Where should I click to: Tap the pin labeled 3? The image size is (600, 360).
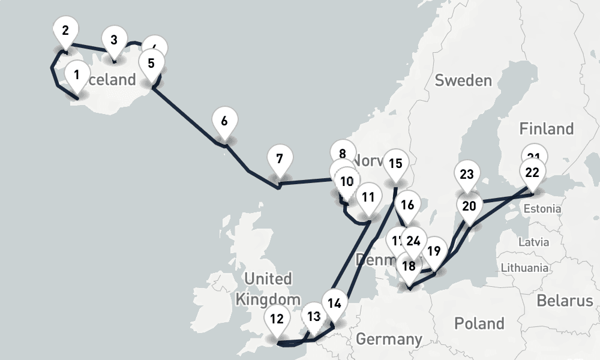coord(114,41)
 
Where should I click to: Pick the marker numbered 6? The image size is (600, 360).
coord(224,121)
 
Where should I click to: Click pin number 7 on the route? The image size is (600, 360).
coord(280,160)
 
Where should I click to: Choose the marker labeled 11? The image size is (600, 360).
coord(368,197)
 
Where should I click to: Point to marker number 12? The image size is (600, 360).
coord(277,319)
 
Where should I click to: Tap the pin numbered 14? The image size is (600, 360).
coord(335,303)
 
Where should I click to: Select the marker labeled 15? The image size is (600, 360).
coord(395,164)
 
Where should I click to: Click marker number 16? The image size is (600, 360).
coord(407,205)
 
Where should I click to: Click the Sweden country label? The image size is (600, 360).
coord(463,80)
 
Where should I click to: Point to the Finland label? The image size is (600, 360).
coord(547,128)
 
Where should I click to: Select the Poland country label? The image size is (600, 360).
coord(479,323)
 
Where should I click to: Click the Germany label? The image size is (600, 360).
coord(389,339)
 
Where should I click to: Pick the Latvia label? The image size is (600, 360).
coord(533,242)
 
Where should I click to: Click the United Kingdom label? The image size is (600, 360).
coord(268,289)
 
